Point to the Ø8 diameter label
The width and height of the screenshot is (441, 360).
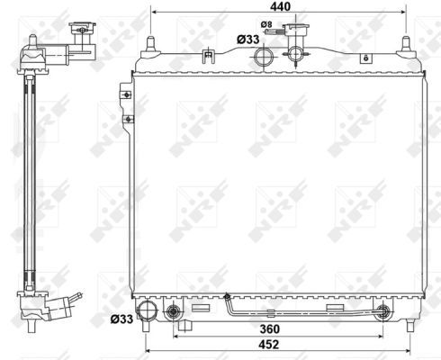tap(266, 24)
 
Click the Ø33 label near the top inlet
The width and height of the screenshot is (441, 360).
tap(248, 40)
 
